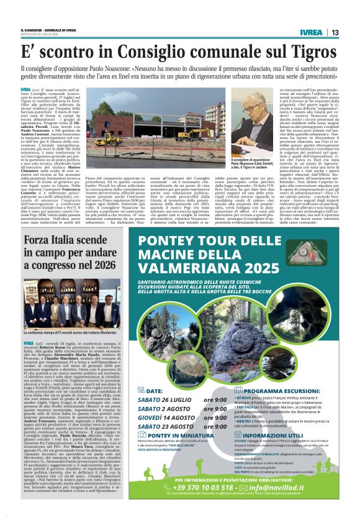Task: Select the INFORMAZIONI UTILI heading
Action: coord(291,439)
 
